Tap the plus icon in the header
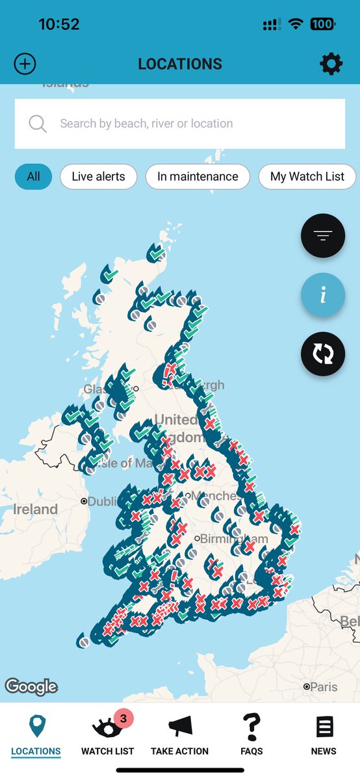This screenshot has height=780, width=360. point(25,64)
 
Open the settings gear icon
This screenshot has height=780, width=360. point(331,64)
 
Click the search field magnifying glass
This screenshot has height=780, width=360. point(38,123)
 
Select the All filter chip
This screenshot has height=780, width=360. point(33,176)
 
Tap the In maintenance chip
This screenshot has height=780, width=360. point(198,176)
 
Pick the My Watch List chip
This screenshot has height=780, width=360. point(307,176)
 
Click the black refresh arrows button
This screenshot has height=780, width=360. point(323,354)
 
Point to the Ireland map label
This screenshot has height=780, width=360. point(35,509)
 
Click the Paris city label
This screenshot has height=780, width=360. point(323,686)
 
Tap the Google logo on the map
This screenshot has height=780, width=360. point(31,686)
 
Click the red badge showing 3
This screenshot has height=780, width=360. point(123,718)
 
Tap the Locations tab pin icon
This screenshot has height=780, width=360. point(36,727)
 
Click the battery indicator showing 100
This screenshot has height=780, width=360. point(322,25)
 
